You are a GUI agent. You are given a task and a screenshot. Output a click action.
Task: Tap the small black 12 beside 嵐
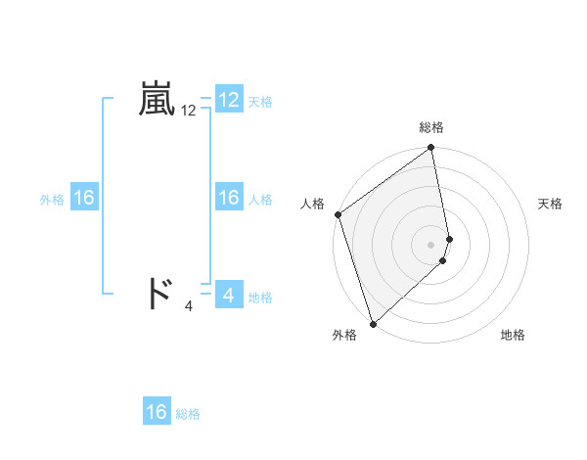pyautogui.click(x=189, y=112)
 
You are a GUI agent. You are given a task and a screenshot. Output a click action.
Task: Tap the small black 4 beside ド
pyautogui.click(x=189, y=306)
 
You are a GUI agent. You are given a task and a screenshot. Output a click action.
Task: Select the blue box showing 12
pyautogui.click(x=229, y=100)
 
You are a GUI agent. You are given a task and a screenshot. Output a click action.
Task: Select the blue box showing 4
pyautogui.click(x=229, y=294)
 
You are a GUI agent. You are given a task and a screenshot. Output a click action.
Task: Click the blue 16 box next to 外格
pyautogui.click(x=84, y=198)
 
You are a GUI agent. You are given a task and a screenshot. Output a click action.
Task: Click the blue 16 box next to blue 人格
pyautogui.click(x=229, y=198)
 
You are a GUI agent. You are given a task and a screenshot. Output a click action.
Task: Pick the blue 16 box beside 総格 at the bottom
pyautogui.click(x=157, y=412)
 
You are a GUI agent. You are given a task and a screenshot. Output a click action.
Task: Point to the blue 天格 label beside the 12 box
pyautogui.click(x=260, y=102)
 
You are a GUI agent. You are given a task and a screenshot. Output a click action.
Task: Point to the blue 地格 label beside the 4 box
pyautogui.click(x=260, y=297)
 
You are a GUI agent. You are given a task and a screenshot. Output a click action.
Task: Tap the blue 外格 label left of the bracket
pyautogui.click(x=52, y=200)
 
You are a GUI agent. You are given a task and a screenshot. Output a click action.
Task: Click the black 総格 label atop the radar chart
pyautogui.click(x=431, y=127)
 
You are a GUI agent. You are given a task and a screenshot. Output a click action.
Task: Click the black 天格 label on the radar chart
pyautogui.click(x=551, y=204)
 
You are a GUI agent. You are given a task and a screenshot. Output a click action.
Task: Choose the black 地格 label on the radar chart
pyautogui.click(x=513, y=335)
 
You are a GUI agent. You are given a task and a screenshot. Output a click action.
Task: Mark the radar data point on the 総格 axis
pyautogui.click(x=431, y=149)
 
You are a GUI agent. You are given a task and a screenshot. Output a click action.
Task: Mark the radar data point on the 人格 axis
pyautogui.click(x=338, y=214)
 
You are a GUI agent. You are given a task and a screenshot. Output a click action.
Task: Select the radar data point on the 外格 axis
pyautogui.click(x=373, y=323)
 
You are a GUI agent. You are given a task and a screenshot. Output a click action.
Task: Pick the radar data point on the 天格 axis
pyautogui.click(x=450, y=238)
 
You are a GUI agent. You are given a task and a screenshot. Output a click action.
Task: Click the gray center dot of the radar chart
pyautogui.click(x=431, y=244)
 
